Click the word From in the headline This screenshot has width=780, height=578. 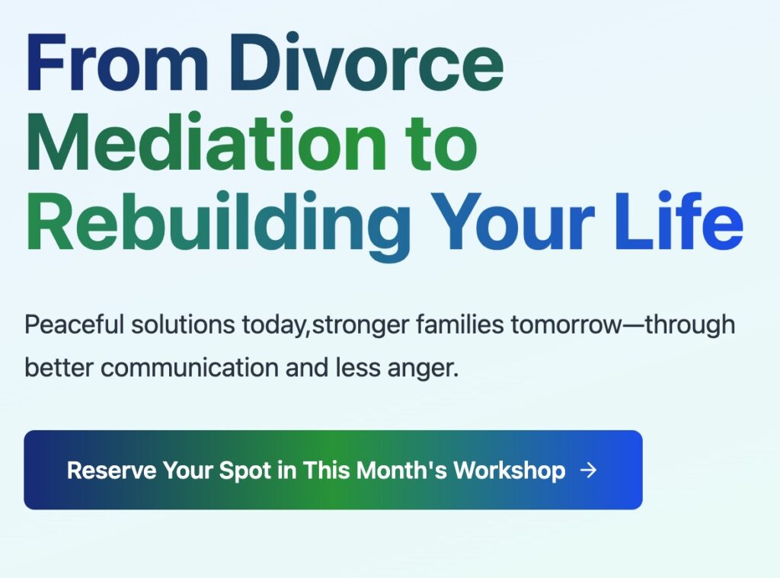click(117, 62)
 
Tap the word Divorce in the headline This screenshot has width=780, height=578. click(366, 62)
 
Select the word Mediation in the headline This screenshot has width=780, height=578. click(206, 142)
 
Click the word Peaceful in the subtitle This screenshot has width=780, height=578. click(74, 325)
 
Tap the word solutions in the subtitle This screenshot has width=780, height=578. click(183, 325)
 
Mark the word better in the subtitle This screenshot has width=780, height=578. click(59, 368)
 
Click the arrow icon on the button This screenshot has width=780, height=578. click(589, 470)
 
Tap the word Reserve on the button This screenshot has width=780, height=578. click(111, 471)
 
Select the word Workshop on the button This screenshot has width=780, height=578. click(510, 471)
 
